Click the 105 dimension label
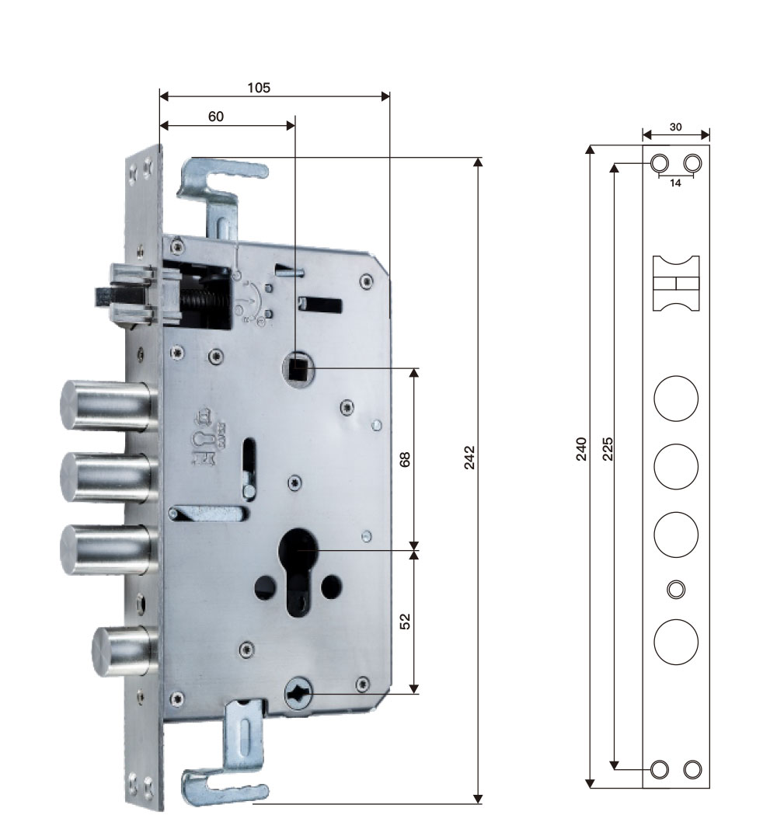click(259, 88)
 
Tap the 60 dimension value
click(215, 117)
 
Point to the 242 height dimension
click(469, 458)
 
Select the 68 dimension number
click(405, 459)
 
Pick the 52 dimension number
click(405, 621)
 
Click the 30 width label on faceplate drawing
click(675, 127)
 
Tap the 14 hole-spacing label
click(675, 183)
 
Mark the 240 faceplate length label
click(581, 448)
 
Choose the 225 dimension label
click(608, 448)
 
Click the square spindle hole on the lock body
click(298, 367)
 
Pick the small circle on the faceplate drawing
click(676, 589)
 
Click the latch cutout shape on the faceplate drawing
click(676, 283)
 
